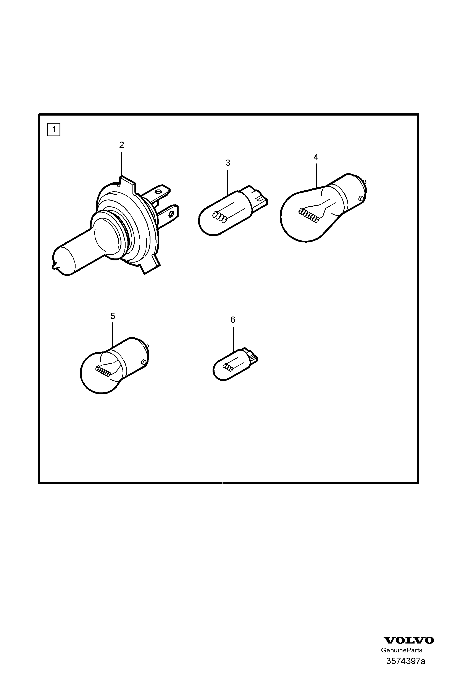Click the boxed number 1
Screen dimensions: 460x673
point(53,129)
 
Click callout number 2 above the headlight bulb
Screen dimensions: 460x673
point(121,145)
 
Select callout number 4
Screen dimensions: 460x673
point(316,157)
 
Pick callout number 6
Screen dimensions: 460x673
point(233,320)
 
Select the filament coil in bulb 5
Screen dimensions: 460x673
point(103,371)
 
